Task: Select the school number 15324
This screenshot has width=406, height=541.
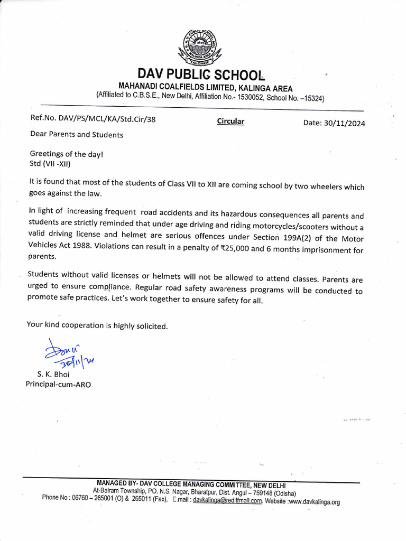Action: pyautogui.click(x=312, y=98)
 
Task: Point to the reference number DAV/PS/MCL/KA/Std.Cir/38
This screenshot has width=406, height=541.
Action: pyautogui.click(x=93, y=119)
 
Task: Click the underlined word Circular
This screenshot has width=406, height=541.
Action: pyautogui.click(x=230, y=122)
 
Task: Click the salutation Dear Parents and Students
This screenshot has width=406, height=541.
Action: pyautogui.click(x=77, y=134)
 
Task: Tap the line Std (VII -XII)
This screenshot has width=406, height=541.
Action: pyautogui.click(x=54, y=163)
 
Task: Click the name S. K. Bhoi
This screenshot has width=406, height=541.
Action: pyautogui.click(x=53, y=374)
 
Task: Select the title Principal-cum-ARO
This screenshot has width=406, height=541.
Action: pyautogui.click(x=58, y=384)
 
